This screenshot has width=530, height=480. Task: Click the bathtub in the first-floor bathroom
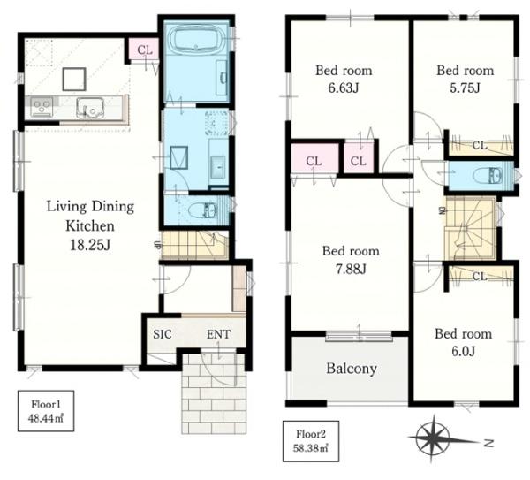[196, 39]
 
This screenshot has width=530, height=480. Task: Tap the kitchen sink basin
[90, 107]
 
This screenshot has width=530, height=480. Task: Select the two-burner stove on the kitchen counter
[42, 107]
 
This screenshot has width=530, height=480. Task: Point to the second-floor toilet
[487, 176]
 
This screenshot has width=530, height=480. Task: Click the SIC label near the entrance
[163, 334]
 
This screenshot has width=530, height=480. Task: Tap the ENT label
[218, 334]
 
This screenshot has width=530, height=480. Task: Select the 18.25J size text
[90, 245]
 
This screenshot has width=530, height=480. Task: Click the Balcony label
[352, 369]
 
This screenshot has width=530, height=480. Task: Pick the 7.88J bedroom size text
[351, 270]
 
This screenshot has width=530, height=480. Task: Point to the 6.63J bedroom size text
[344, 88]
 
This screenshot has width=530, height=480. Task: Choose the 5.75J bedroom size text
[465, 88]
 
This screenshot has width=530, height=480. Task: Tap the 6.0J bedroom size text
[464, 352]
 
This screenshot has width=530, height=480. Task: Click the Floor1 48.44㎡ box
[46, 411]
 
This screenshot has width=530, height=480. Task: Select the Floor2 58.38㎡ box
[311, 441]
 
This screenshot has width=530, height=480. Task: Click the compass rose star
[433, 438]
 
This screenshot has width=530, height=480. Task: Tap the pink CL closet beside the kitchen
[145, 50]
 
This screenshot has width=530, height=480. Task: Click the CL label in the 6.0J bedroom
[480, 277]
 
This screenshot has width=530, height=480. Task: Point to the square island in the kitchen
[74, 80]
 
